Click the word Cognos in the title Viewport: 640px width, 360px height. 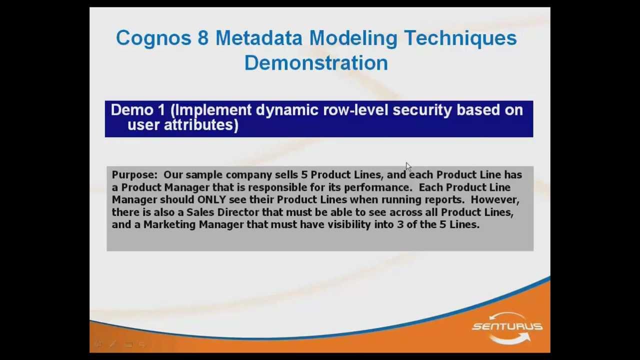pos(153,38)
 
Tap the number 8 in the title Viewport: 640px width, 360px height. pos(202,38)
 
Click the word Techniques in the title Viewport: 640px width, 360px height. pos(460,38)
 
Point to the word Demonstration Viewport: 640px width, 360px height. pos(316,63)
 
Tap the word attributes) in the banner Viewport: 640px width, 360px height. pos(201,125)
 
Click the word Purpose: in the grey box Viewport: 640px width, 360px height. pos(134,175)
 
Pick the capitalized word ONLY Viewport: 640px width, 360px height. pos(211,199)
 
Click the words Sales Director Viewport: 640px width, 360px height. pos(222,212)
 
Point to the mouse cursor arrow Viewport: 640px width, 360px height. pos(407,166)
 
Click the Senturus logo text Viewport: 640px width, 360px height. pos(507,326)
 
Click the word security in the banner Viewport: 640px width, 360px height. pos(422,110)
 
